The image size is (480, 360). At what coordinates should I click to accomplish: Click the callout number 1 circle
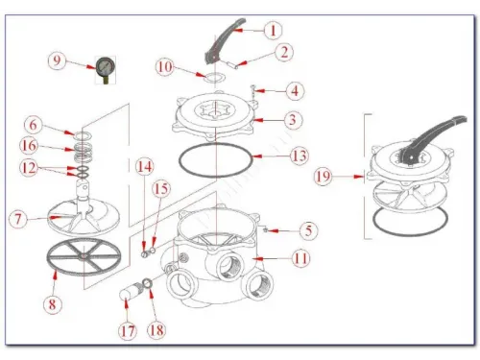(273, 31)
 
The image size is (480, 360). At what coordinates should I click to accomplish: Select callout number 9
(57, 60)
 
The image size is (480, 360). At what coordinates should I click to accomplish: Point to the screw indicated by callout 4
(252, 90)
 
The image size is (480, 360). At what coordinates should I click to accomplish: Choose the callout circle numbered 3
(293, 120)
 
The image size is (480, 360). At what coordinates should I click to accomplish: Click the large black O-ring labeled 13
(216, 159)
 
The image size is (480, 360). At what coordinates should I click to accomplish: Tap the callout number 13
(300, 156)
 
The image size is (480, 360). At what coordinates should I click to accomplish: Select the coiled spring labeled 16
(84, 153)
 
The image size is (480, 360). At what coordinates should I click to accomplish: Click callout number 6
(33, 125)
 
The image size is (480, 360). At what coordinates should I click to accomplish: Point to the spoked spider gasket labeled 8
(84, 256)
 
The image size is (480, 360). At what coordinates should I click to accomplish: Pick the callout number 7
(18, 219)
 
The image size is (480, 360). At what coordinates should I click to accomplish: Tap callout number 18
(156, 330)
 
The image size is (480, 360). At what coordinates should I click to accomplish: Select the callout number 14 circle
(145, 167)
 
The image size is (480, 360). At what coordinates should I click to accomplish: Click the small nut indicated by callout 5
(265, 229)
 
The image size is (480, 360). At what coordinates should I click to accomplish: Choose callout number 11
(300, 258)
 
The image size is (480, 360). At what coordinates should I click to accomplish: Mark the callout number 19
(323, 176)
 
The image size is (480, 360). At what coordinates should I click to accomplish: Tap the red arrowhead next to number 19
(359, 177)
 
